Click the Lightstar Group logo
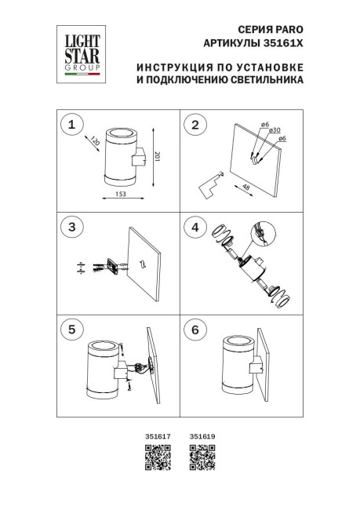[x=75, y=54]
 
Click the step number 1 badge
[x=72, y=124]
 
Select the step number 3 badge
[x=72, y=227]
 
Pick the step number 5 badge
[x=72, y=329]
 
